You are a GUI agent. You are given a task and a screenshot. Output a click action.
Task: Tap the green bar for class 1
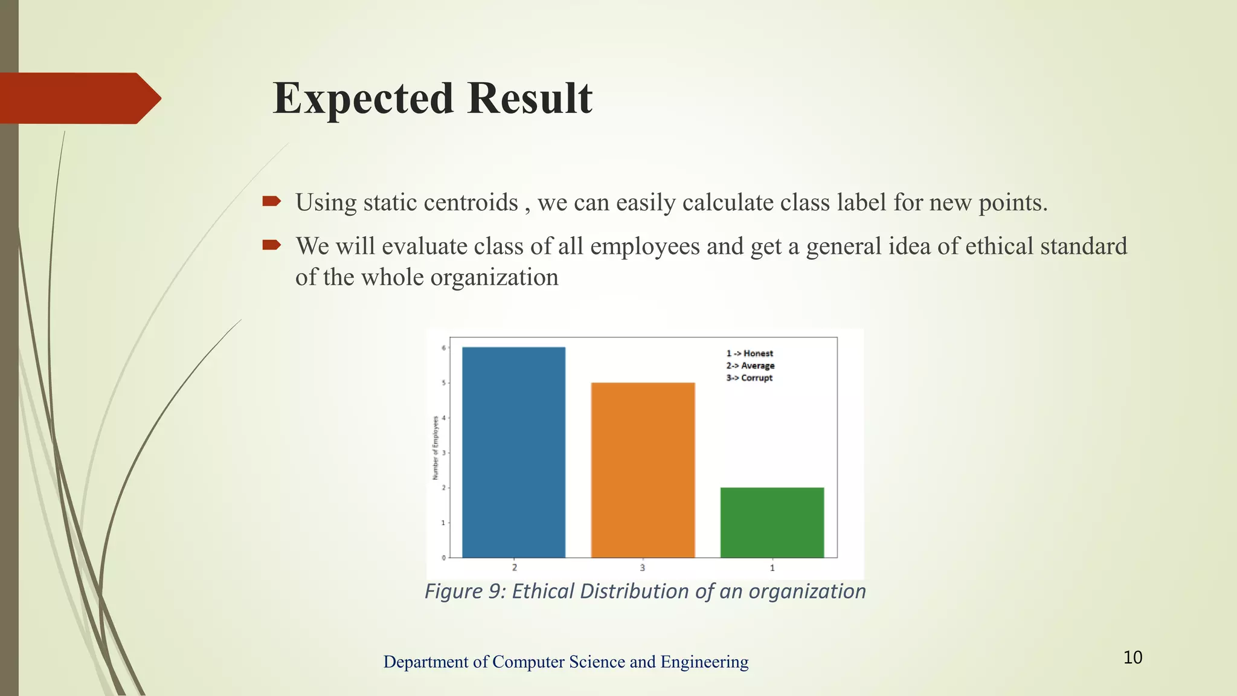[772, 522]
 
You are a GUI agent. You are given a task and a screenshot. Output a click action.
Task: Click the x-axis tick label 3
[643, 568]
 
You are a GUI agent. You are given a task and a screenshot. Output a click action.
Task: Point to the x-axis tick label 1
[772, 568]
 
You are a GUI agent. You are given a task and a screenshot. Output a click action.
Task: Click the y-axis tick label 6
[443, 348]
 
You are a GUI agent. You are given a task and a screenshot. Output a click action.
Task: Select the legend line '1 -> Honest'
[750, 353]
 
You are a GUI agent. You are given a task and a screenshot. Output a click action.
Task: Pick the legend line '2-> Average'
[750, 366]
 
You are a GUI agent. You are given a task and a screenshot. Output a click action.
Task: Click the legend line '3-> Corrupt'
[750, 378]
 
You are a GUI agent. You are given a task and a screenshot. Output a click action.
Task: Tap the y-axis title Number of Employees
[435, 448]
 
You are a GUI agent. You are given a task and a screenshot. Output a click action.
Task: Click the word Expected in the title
[362, 98]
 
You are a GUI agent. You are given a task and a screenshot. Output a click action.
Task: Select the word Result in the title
[530, 98]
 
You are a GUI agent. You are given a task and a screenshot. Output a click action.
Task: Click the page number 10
[1133, 657]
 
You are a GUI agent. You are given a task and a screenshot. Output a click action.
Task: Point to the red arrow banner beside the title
[79, 98]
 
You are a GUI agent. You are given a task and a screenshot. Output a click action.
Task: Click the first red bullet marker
[272, 201]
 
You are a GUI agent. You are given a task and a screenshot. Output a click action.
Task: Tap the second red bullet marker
[272, 245]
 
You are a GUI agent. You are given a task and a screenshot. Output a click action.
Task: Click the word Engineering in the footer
[704, 662]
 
